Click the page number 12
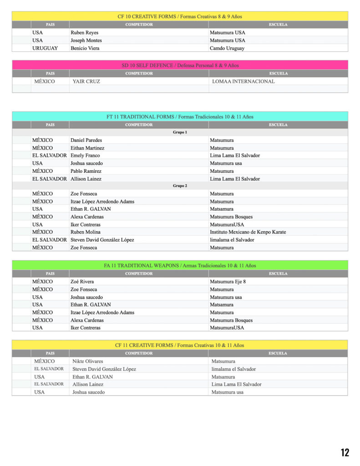(345, 452)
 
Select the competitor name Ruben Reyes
(84, 33)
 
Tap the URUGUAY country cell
(45, 48)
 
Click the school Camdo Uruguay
(227, 48)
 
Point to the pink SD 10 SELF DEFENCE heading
(180, 66)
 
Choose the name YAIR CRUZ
(86, 81)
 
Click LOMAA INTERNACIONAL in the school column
(243, 81)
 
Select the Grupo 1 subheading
(180, 132)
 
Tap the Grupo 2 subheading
(180, 186)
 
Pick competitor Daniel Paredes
(86, 140)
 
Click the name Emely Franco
(86, 156)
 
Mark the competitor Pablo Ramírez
(86, 171)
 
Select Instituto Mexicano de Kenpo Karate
(248, 232)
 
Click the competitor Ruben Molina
(85, 232)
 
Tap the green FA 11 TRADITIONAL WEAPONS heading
(180, 265)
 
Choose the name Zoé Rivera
(82, 282)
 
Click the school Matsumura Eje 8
(228, 282)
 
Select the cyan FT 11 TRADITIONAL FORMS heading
(180, 117)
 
